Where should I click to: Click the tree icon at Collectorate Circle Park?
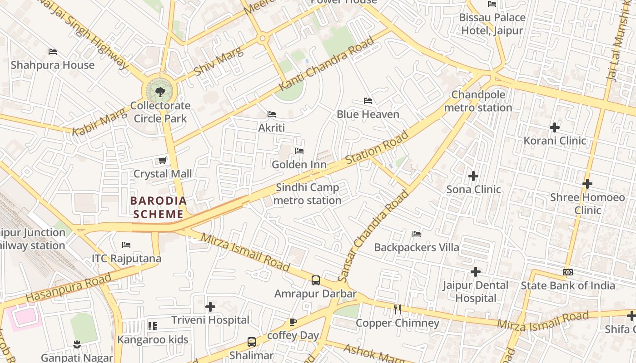[160, 92]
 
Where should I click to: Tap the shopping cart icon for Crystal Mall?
[162, 160]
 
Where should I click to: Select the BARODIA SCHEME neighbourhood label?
[159, 207]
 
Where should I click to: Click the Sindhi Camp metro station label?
[308, 194]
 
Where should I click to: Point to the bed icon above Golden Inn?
[299, 151]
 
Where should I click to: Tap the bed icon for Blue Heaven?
[368, 101]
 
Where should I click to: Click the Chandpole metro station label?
[478, 101]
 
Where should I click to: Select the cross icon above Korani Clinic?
[554, 128]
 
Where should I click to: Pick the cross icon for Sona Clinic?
[473, 176]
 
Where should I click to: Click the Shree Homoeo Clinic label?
[587, 204]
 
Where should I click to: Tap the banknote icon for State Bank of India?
[567, 272]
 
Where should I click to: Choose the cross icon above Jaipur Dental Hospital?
[475, 272]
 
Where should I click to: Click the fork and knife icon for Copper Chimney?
[397, 309]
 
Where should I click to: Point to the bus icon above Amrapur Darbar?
[316, 280]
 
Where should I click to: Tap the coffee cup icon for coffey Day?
[293, 322]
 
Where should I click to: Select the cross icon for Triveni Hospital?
[210, 307]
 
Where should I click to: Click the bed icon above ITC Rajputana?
[126, 245]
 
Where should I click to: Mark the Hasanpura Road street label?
[68, 288]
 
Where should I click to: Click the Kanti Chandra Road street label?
[327, 63]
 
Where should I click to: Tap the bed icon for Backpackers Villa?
[416, 234]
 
